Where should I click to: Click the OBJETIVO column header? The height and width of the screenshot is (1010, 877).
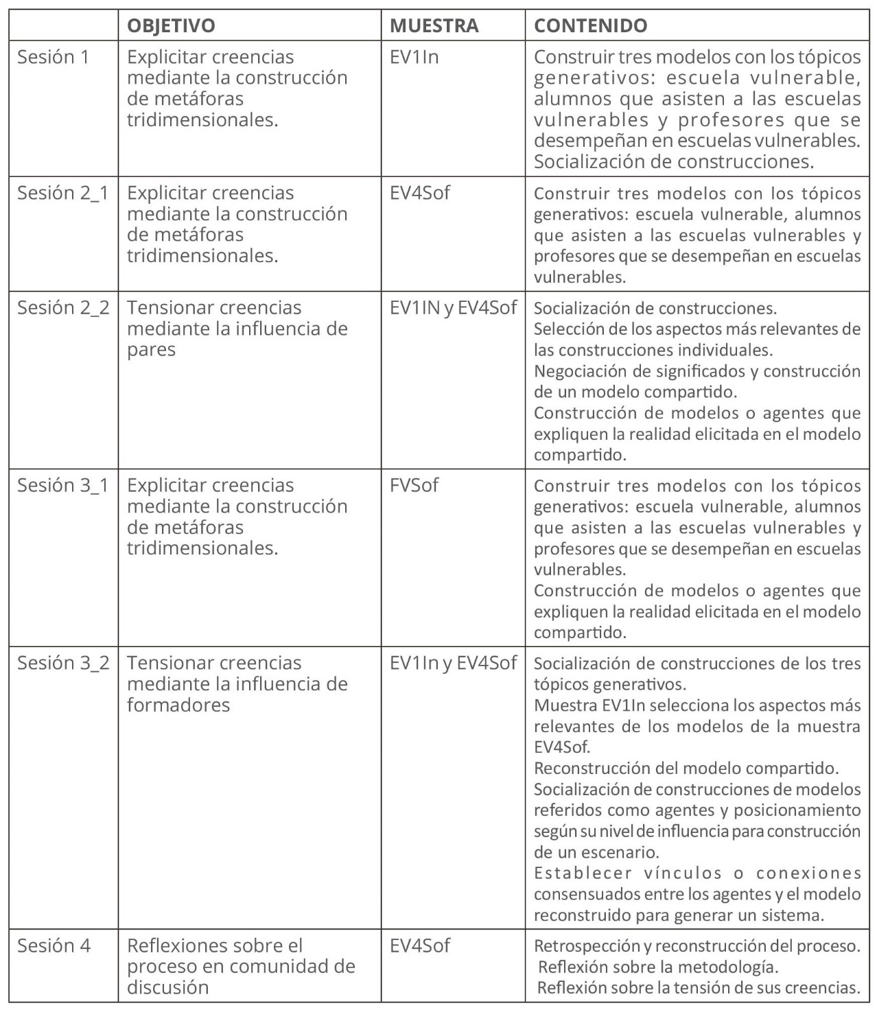[171, 26]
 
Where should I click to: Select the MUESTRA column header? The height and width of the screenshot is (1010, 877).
[434, 26]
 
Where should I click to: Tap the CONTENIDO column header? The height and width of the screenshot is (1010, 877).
[590, 26]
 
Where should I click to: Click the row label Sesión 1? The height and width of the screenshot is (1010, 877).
[54, 57]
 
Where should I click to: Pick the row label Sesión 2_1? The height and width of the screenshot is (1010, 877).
[63, 193]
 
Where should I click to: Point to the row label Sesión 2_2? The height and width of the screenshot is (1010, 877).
[63, 307]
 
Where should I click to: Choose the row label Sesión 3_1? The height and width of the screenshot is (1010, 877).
[63, 485]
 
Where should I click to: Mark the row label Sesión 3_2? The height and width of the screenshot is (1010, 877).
[63, 663]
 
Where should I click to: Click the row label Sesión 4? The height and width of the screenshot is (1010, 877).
[54, 946]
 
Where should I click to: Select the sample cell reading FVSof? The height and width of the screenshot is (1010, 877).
[414, 485]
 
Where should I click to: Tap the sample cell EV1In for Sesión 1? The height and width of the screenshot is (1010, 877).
[414, 57]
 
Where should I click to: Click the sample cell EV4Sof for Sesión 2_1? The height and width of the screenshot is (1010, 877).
[420, 193]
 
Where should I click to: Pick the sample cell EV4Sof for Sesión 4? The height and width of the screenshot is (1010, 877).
[420, 946]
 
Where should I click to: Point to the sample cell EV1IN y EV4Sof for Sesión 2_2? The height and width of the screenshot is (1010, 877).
[453, 307]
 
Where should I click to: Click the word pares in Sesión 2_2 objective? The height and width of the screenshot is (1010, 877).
[151, 350]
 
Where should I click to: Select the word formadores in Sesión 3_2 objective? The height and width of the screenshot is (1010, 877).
[178, 705]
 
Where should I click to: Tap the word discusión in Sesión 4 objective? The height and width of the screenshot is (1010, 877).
[167, 988]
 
